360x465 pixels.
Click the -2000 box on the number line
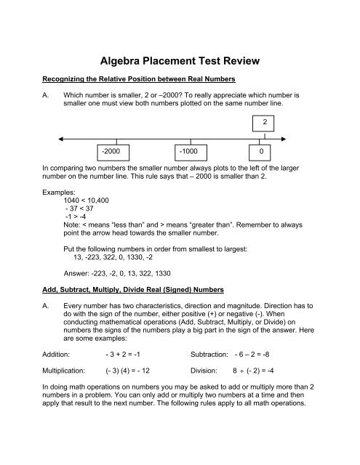(x=116, y=152)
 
